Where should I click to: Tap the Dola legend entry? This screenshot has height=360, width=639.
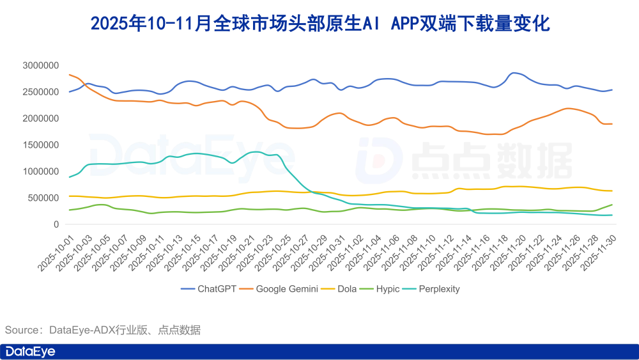[348, 289]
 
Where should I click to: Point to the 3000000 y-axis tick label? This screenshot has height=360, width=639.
[40, 65]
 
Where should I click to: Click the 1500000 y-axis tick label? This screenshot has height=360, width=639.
[40, 145]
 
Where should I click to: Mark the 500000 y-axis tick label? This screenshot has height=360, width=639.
[43, 198]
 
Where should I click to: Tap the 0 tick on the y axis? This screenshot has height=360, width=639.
[56, 224]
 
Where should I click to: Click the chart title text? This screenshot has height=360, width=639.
[319, 24]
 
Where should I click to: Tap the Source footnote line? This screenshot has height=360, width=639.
[103, 330]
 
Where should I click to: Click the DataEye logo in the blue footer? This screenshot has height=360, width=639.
[31, 352]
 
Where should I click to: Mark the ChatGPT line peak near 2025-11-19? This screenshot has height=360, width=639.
[514, 73]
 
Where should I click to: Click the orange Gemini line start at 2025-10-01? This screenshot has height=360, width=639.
[69, 75]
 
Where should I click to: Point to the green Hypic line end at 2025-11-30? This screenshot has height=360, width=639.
[612, 205]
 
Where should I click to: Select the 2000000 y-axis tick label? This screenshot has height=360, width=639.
[40, 118]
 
